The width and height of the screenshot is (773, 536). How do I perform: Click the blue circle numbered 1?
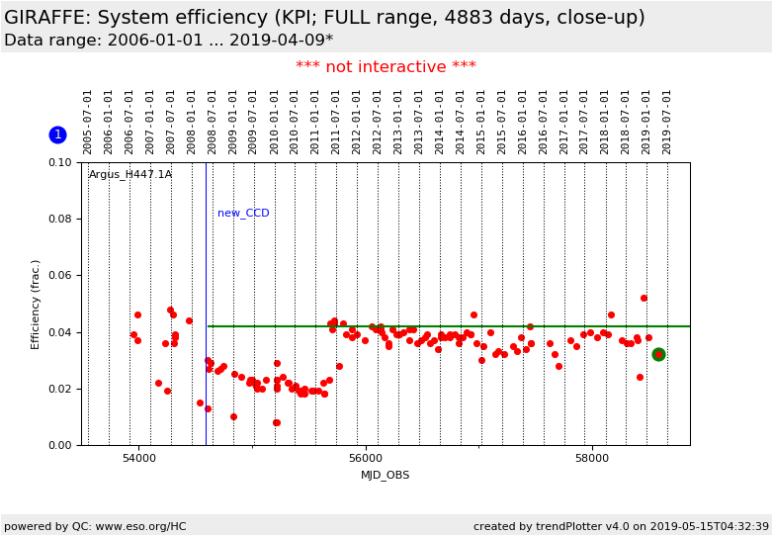tap(57, 134)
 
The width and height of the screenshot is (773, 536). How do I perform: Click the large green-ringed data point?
tap(658, 354)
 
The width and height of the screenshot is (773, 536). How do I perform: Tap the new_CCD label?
tap(243, 214)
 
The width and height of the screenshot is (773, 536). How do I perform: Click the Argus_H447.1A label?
tap(130, 175)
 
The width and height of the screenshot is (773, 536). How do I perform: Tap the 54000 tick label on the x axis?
tap(138, 459)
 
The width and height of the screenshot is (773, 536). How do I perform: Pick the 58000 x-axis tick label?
tap(592, 459)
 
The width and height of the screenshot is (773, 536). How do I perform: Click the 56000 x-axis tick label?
tap(366, 459)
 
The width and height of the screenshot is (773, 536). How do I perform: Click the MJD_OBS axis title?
tap(386, 476)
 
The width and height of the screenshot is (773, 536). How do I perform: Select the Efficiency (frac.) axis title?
tap(36, 304)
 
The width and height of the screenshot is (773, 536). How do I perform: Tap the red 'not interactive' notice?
tap(386, 67)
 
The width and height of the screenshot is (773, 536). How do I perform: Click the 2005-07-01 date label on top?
tap(88, 122)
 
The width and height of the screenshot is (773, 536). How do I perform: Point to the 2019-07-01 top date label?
tap(667, 122)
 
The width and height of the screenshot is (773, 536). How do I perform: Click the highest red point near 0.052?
tap(644, 298)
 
